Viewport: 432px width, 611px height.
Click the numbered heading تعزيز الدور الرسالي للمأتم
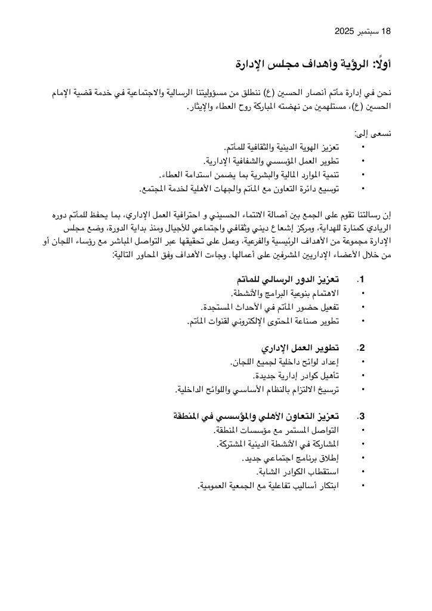click(285, 279)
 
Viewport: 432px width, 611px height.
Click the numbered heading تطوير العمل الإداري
click(300, 348)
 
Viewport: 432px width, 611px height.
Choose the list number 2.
click(360, 348)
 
